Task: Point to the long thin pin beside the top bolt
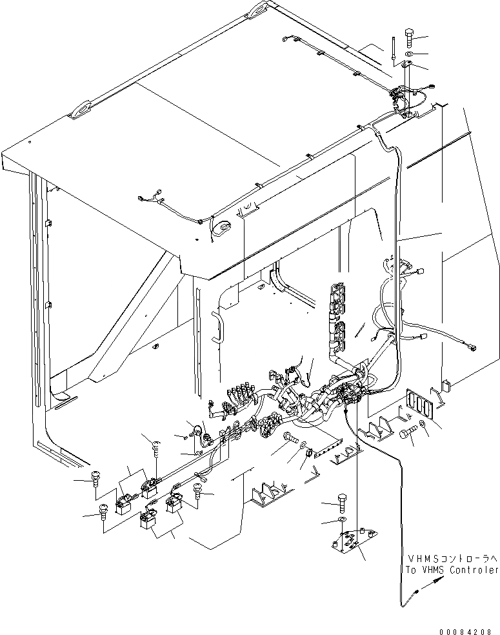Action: (x=392, y=48)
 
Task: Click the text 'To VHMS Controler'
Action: (x=449, y=570)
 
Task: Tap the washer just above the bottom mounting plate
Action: (x=342, y=519)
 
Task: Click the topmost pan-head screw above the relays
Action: (x=154, y=445)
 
